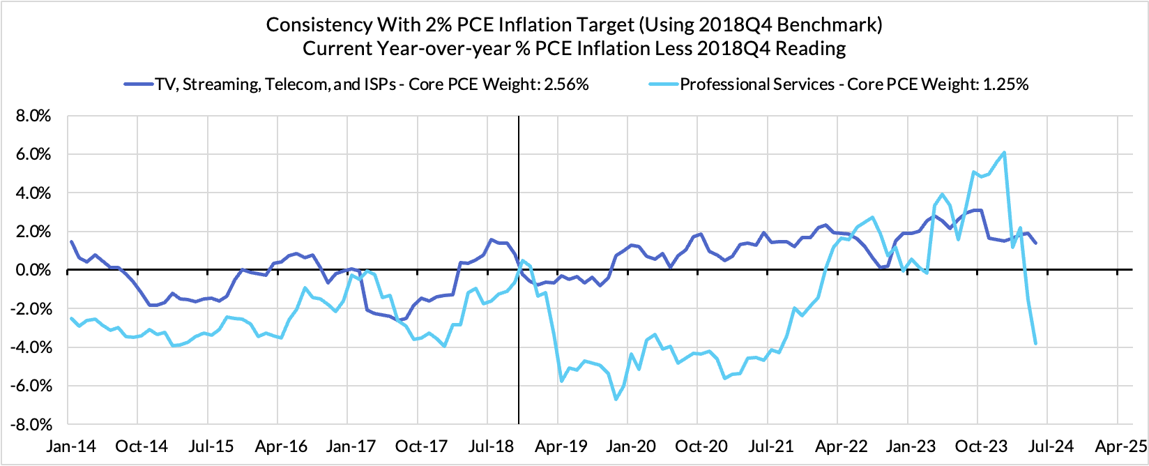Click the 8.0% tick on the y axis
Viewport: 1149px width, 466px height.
[x=33, y=116]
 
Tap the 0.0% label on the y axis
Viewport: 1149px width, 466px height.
[x=33, y=270]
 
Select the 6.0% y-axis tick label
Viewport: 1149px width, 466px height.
[x=33, y=154]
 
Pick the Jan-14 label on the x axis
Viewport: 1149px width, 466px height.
[x=68, y=446]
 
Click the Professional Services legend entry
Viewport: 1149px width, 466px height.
[x=854, y=84]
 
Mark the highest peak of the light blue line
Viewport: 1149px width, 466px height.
[x=1003, y=152]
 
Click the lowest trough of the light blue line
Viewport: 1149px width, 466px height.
[x=616, y=399]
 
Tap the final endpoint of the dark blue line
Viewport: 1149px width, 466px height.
[x=1036, y=243]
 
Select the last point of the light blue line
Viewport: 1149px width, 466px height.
[x=1036, y=343]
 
